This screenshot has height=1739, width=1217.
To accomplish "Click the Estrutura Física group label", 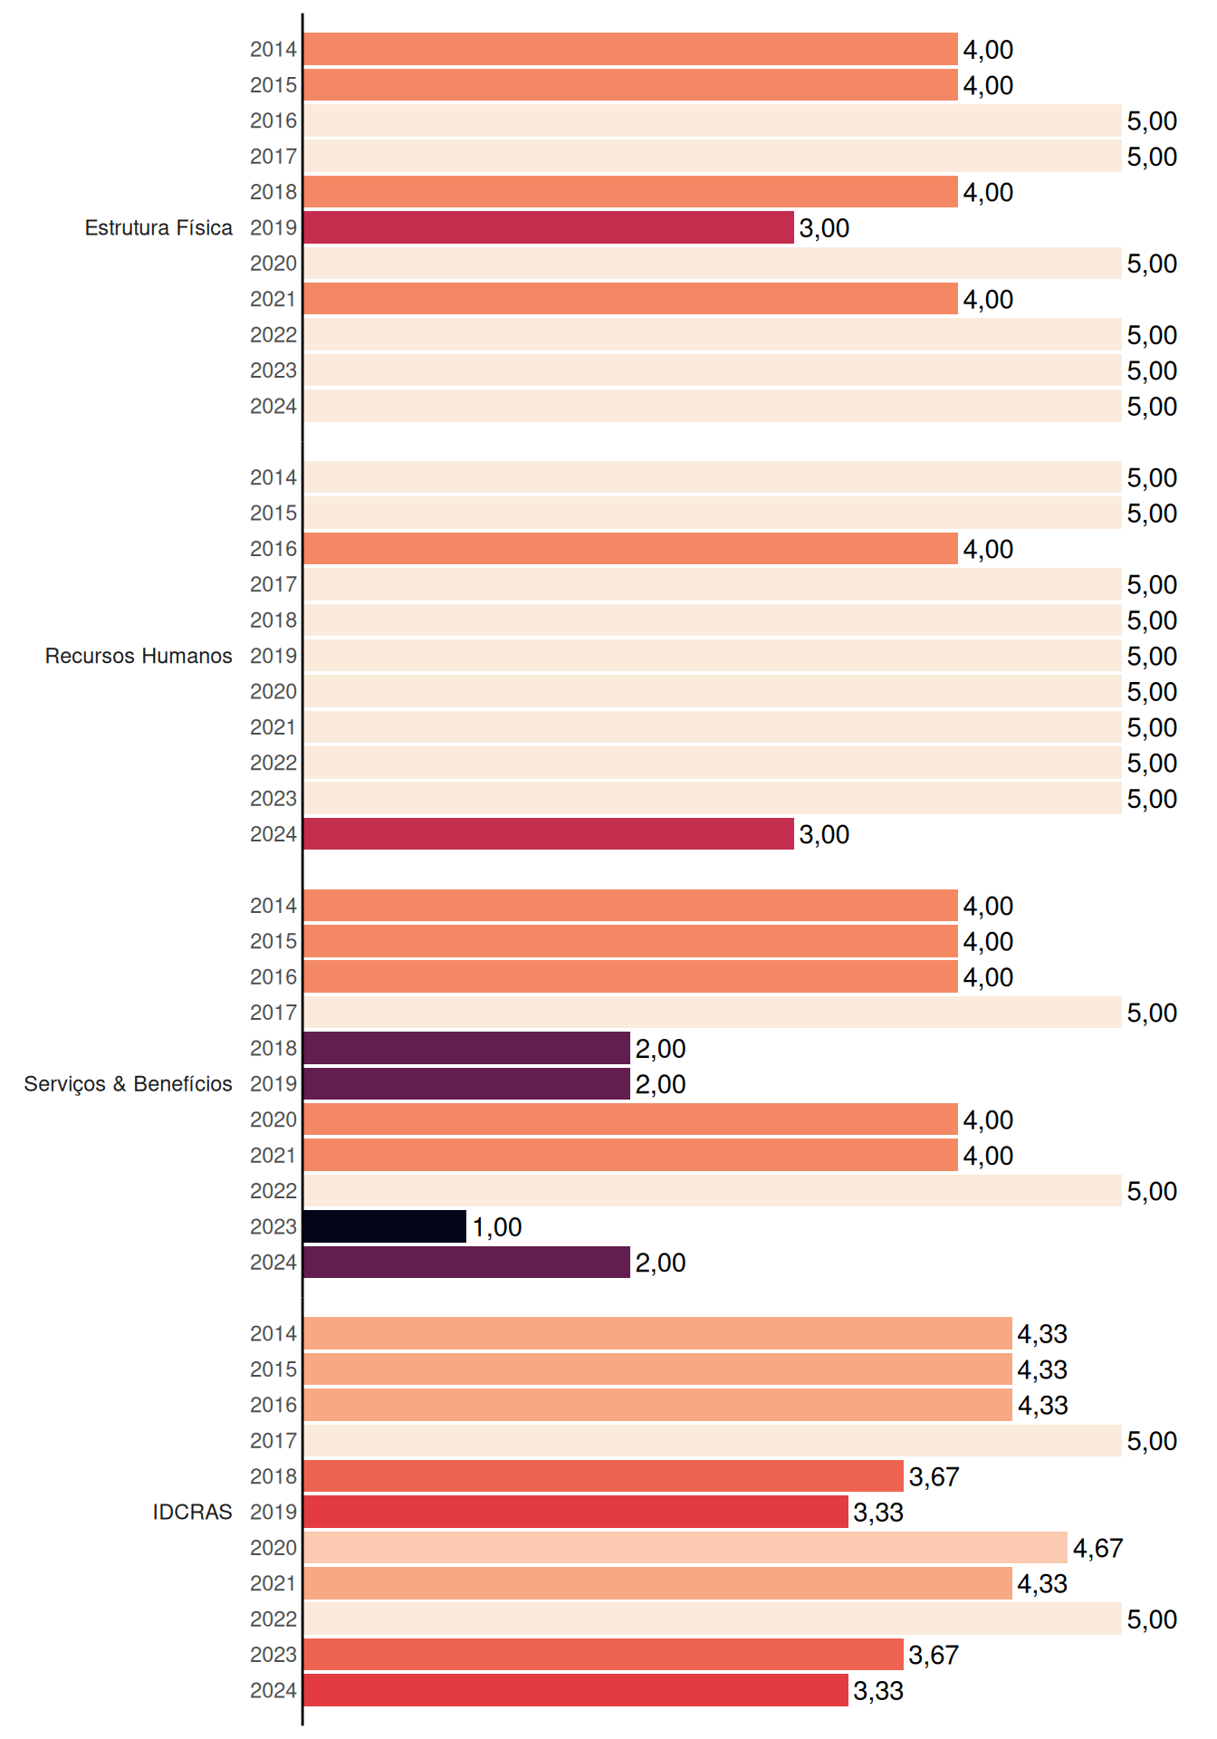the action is (158, 227).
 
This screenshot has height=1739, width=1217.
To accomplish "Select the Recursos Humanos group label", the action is (139, 656).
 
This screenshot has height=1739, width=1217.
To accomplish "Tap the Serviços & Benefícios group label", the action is (128, 1084).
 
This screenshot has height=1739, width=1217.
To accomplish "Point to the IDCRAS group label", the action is (192, 1512).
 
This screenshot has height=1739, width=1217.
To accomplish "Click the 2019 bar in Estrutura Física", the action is (549, 227).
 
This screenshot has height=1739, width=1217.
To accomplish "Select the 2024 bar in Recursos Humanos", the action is (549, 834).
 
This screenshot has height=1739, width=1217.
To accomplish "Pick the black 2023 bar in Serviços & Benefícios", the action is (385, 1226).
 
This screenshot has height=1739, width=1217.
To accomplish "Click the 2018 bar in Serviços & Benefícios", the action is (467, 1048).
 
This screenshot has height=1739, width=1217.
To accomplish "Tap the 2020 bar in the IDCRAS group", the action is (685, 1548).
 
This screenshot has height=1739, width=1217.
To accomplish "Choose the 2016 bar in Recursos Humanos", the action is (631, 549).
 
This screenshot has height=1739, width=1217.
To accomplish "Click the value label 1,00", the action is (497, 1227).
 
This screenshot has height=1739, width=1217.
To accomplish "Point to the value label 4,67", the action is (1097, 1549).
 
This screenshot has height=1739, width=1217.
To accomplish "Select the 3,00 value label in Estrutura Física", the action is (824, 228).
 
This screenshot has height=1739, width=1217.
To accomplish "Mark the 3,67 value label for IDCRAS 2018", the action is (934, 1477).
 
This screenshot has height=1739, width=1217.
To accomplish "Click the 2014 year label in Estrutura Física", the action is (273, 50).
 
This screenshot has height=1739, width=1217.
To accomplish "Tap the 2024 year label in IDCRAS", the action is (273, 1691).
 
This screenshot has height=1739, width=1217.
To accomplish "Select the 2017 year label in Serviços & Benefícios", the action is (273, 1013).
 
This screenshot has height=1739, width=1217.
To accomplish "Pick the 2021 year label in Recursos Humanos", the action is (273, 727).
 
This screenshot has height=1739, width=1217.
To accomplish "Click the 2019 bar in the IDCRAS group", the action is (576, 1512).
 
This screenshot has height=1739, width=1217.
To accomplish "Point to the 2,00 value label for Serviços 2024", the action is (660, 1263).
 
